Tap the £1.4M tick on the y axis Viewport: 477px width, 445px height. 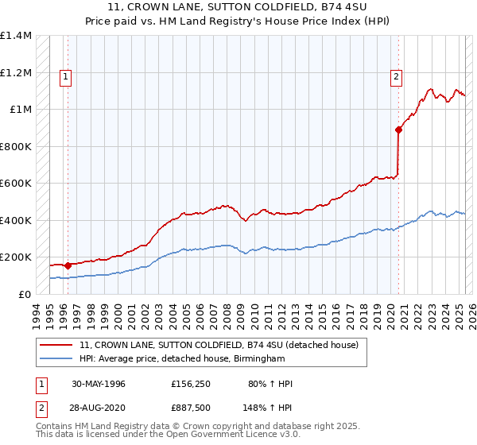pyautogui.click(x=16, y=36)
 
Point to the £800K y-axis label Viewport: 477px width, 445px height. pyautogui.click(x=15, y=146)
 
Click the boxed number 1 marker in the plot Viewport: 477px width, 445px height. pyautogui.click(x=64, y=77)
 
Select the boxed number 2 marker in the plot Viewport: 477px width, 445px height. pyautogui.click(x=395, y=77)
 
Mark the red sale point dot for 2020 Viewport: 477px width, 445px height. pyautogui.click(x=398, y=130)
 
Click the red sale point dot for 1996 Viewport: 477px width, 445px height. pyautogui.click(x=68, y=265)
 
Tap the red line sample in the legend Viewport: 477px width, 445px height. pyautogui.click(x=56, y=345)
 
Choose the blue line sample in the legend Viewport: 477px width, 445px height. pyautogui.click(x=56, y=359)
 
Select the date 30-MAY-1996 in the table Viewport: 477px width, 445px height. pyautogui.click(x=99, y=384)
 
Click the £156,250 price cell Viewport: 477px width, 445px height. pyautogui.click(x=190, y=384)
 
